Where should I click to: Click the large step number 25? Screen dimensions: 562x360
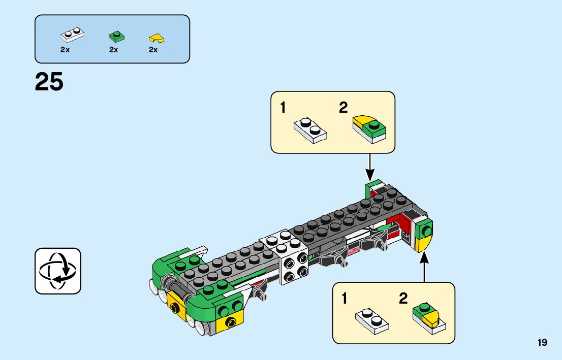coord(49,82)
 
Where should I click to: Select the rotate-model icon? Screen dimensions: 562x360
coord(58,271)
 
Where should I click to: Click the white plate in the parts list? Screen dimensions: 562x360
coord(72,35)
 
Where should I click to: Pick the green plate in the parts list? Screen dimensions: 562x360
coord(116,36)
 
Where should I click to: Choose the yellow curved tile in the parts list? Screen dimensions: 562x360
coord(157,38)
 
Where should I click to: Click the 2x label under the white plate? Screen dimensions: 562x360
coord(65,50)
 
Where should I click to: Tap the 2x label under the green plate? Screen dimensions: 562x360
coord(113,50)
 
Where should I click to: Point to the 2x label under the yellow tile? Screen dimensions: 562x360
coord(153,50)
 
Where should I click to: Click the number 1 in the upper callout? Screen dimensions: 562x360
coord(283,108)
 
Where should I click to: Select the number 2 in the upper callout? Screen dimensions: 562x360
coord(344,108)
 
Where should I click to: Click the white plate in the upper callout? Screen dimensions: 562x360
coord(310,130)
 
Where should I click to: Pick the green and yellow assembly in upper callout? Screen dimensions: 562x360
coord(369,127)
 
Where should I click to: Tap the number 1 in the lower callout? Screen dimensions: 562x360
coord(345,299)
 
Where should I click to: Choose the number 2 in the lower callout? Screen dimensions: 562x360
coord(403,299)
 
